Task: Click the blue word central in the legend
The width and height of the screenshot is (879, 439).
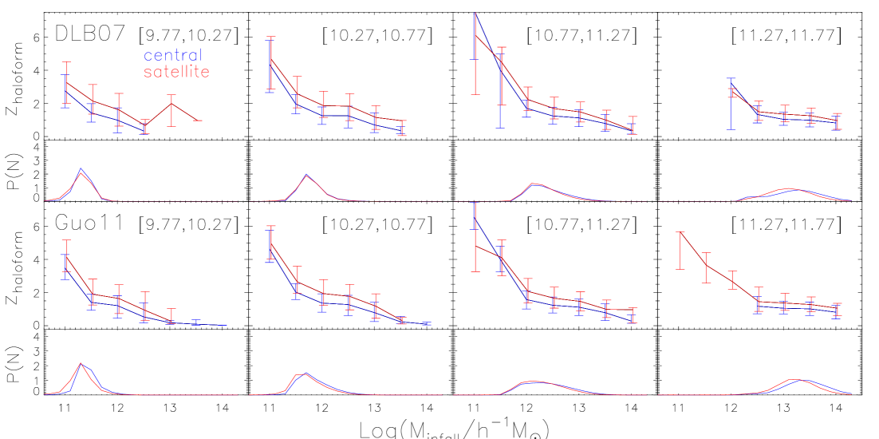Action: pos(172,56)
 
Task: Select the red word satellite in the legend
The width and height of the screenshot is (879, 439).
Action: pos(176,73)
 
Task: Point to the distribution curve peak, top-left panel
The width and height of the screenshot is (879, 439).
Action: pos(81,170)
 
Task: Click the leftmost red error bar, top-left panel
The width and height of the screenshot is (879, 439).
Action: pos(67,82)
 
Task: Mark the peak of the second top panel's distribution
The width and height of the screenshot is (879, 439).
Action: pos(306,175)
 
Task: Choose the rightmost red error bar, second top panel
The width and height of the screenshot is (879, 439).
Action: pos(402,128)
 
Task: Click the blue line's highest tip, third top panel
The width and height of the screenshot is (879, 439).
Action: pos(475,14)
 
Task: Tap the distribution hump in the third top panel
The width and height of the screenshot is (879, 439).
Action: pos(535,184)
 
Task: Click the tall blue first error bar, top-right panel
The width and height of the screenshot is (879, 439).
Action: pos(731,104)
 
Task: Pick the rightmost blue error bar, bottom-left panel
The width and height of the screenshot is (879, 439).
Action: pos(196,323)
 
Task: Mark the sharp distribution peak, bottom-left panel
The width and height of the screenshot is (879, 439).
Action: pos(81,364)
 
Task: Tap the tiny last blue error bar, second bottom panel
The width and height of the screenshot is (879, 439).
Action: pos(428,324)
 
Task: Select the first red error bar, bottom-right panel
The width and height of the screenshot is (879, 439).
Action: pos(680,250)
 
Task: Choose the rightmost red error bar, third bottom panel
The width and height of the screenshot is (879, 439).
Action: pos(633,314)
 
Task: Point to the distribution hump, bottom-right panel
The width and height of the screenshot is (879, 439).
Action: pos(796,381)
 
